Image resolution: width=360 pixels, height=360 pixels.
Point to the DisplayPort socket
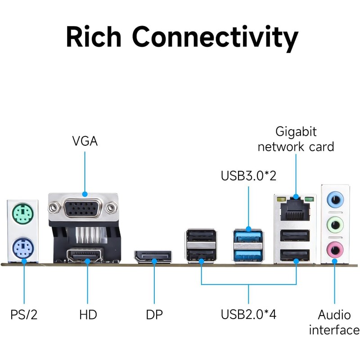click(153, 257)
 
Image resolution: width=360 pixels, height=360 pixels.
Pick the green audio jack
click(334, 222)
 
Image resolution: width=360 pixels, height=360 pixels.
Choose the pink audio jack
click(334, 247)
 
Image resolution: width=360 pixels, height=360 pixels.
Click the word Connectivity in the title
click(215, 37)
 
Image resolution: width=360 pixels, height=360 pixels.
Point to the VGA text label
click(85, 141)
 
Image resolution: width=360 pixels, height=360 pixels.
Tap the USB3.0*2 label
click(248, 175)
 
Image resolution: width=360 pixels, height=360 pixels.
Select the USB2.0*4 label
click(248, 314)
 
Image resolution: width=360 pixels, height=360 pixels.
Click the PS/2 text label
click(24, 314)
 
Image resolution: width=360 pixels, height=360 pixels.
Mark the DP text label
click(154, 314)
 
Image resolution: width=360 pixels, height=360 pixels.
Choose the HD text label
click(88, 314)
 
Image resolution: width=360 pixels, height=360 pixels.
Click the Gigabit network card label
click(296, 139)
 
